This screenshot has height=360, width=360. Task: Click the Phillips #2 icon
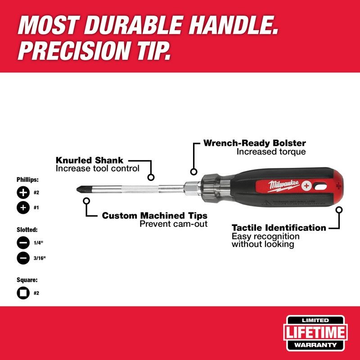(x=22, y=193)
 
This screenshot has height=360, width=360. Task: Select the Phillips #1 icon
(x=22, y=208)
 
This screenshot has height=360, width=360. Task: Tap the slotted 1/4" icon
(x=22, y=243)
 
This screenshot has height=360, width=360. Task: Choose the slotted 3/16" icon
(x=22, y=258)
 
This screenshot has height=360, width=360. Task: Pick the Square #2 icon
(x=22, y=293)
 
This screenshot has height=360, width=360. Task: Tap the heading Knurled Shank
(x=89, y=160)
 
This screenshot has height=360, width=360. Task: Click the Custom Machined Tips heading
(x=154, y=216)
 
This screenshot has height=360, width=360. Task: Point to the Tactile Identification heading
(x=279, y=228)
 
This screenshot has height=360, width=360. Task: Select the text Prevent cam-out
(x=173, y=224)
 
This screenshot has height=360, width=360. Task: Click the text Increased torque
(x=271, y=152)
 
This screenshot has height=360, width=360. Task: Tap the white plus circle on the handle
(x=306, y=185)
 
